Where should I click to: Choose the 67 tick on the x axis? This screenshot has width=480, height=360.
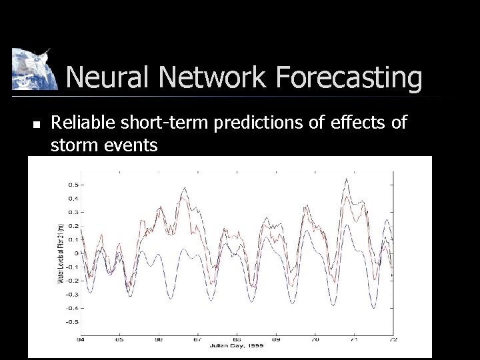(x=199, y=339)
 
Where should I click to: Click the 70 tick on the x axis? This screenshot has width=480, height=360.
(x=315, y=339)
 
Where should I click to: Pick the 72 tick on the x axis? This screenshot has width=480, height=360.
(x=392, y=339)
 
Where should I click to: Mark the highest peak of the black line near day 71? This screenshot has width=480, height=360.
(x=346, y=179)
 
